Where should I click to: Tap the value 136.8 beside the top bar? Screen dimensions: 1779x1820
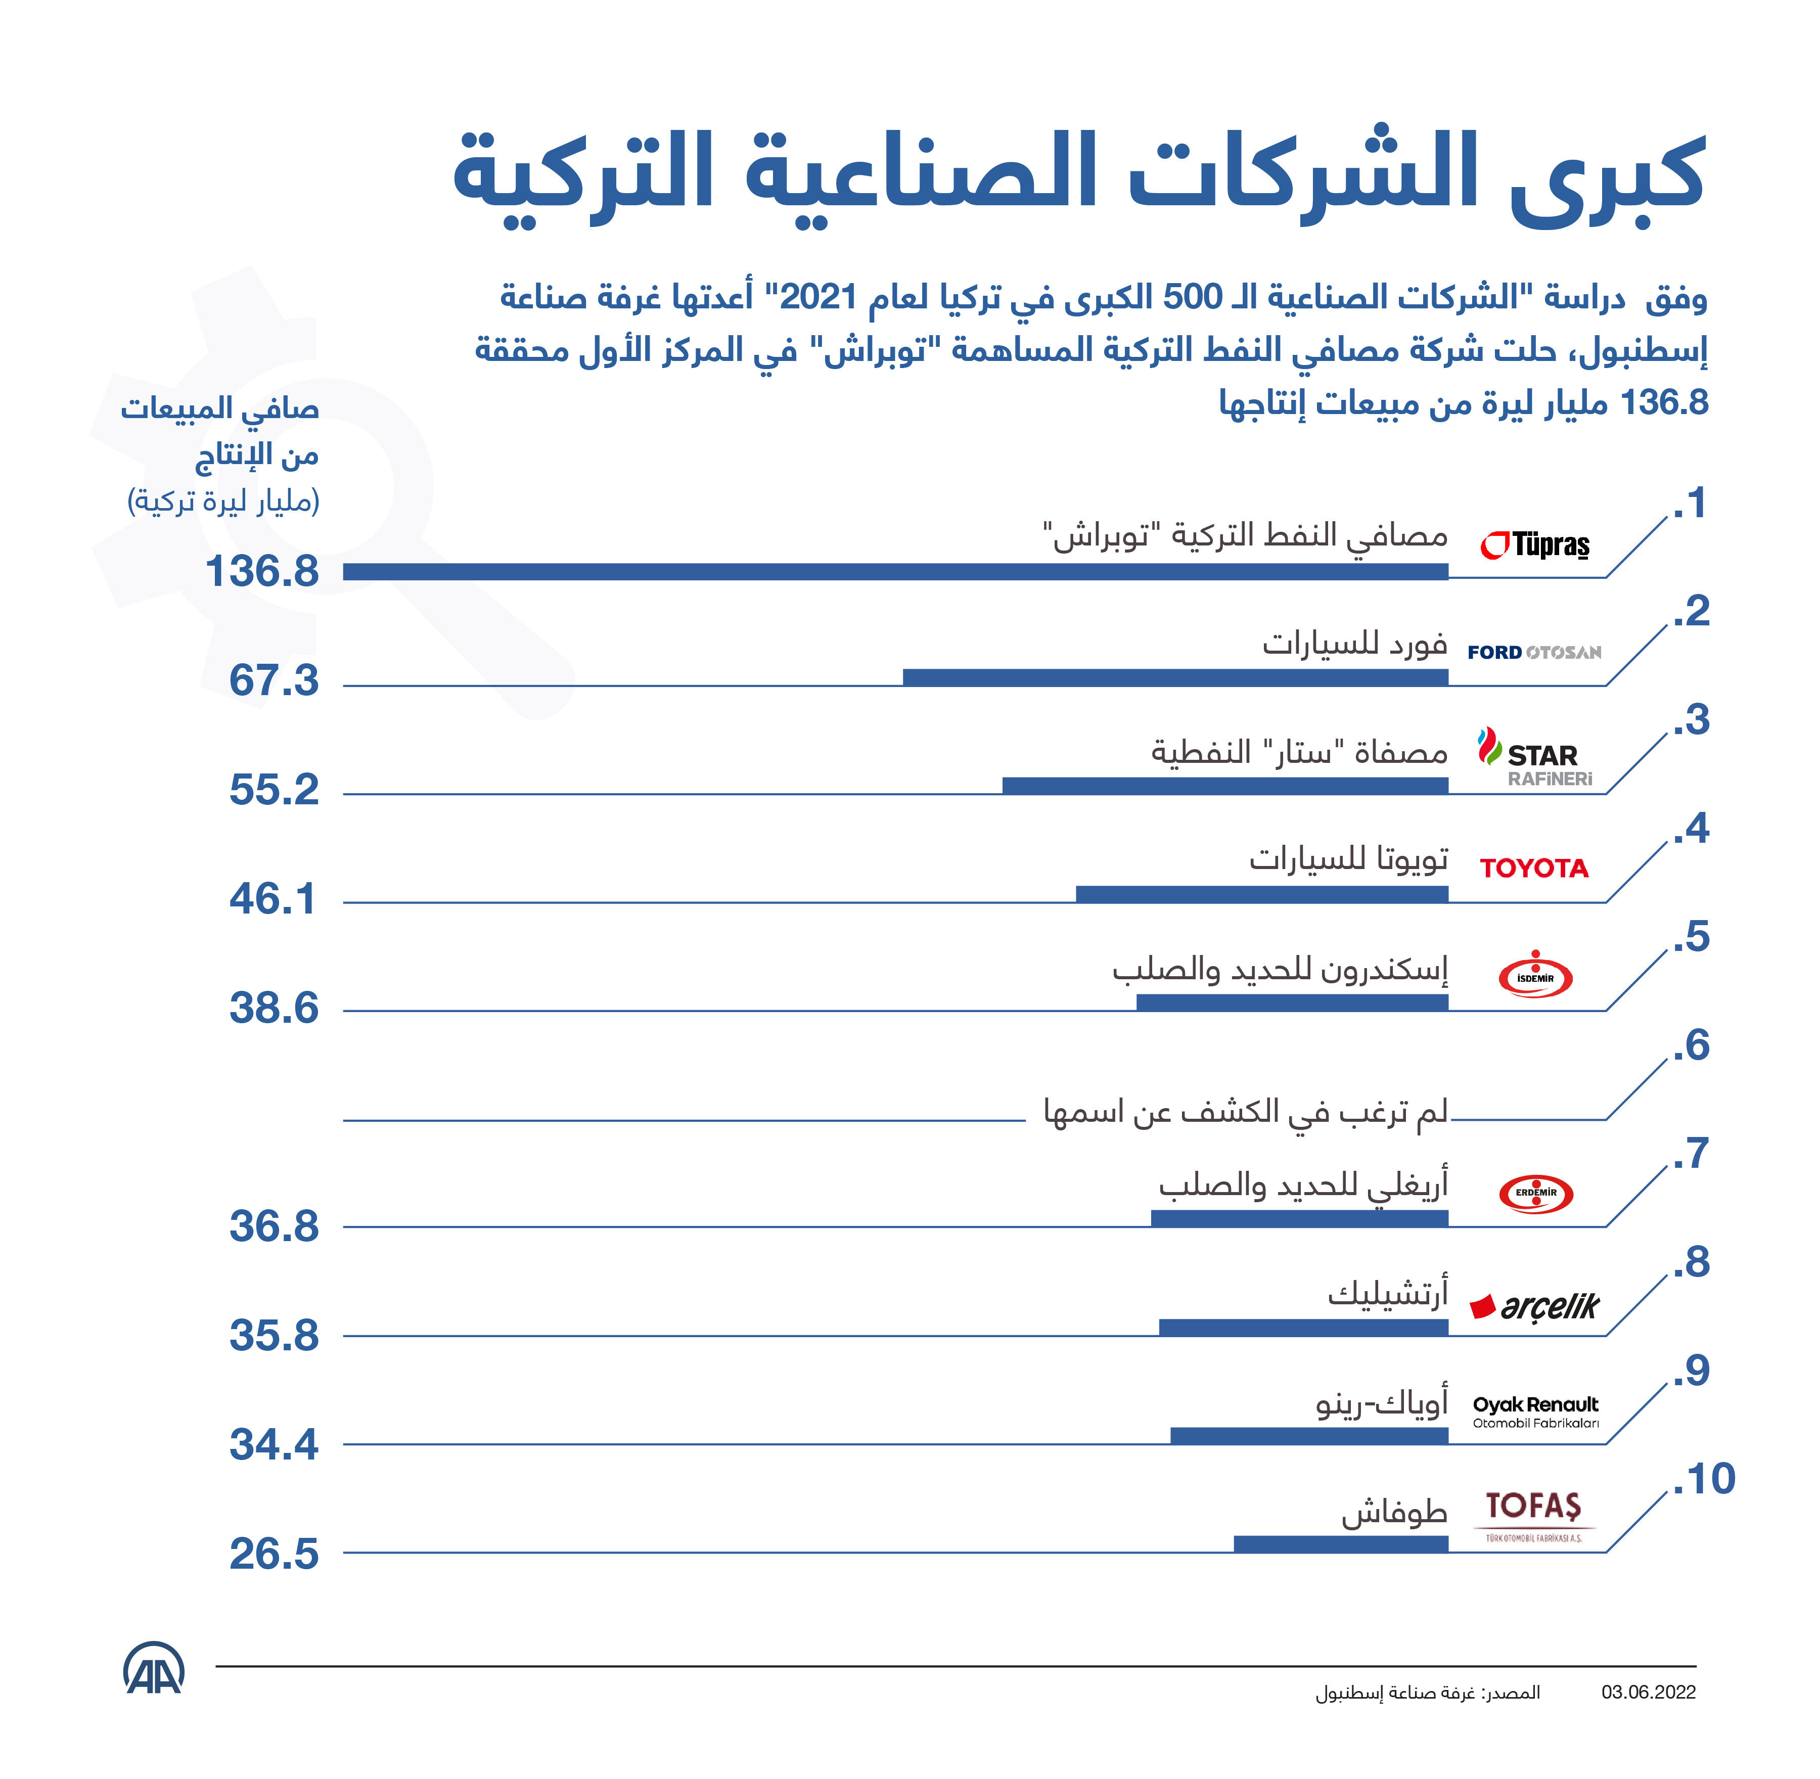pos(261,572)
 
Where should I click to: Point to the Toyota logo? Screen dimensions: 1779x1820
pos(1534,868)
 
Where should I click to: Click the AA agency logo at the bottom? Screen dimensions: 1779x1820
pos(154,1668)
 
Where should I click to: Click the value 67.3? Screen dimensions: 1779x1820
pos(274,681)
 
